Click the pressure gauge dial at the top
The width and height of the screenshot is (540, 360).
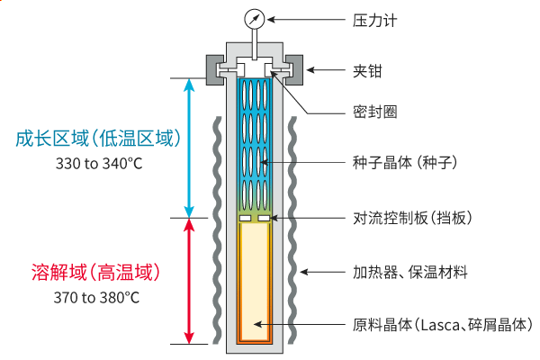tap(252, 17)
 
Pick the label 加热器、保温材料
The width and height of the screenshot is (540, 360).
tap(409, 271)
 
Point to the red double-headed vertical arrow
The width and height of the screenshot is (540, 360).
tap(189, 280)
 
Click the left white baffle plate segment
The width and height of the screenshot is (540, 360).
tap(245, 218)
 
